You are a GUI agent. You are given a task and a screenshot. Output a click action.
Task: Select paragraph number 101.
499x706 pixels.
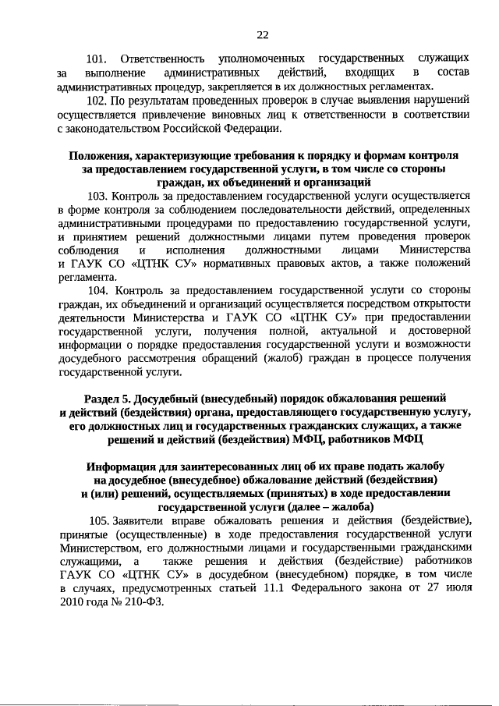(x=96, y=59)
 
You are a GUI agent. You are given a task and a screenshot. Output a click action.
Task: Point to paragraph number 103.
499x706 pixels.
(x=101, y=196)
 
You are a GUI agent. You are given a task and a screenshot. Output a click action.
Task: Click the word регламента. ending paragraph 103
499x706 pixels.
(x=87, y=276)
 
